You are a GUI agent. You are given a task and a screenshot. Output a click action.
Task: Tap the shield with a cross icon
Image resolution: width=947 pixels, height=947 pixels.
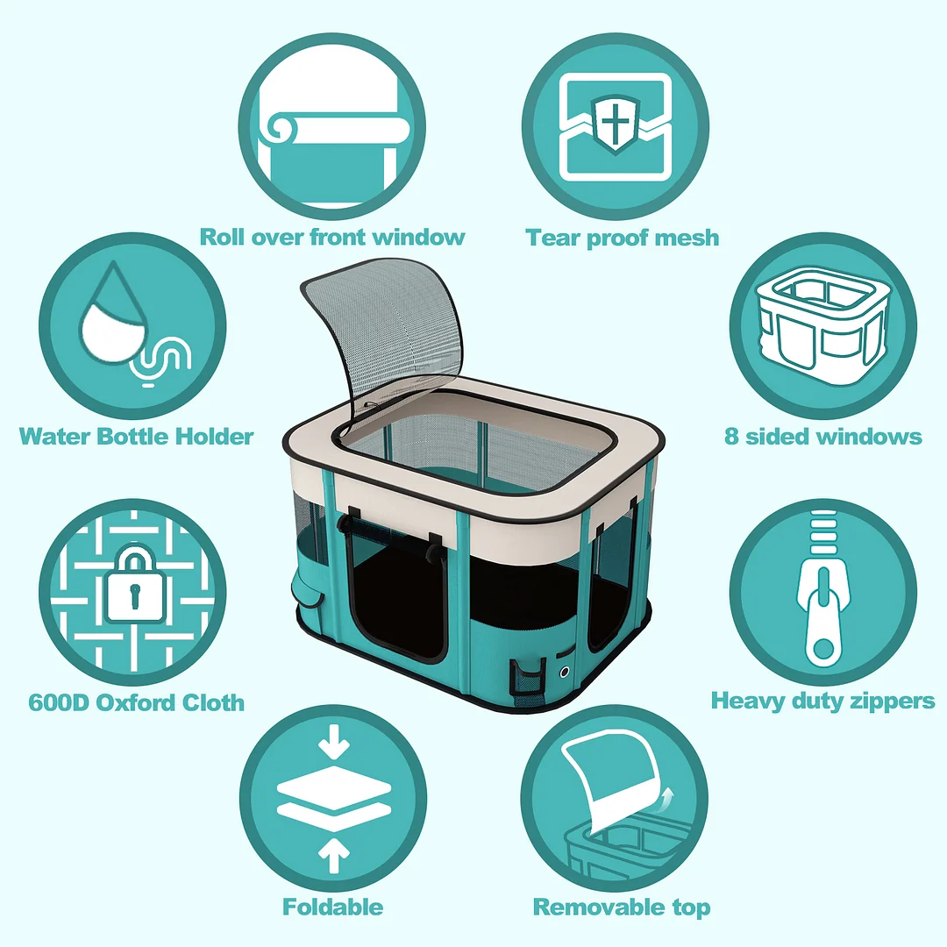click(x=614, y=122)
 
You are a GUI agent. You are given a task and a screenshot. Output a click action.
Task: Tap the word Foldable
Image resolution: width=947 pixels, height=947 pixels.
click(x=332, y=906)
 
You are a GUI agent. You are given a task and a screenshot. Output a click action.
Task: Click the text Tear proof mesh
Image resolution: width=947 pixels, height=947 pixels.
click(x=622, y=237)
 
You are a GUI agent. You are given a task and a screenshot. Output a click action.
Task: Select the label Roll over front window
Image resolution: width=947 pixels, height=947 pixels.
click(x=332, y=237)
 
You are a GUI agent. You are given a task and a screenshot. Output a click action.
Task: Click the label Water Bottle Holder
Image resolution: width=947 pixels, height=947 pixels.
click(x=136, y=436)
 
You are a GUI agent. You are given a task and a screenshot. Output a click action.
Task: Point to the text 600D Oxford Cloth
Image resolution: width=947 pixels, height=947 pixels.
click(x=136, y=702)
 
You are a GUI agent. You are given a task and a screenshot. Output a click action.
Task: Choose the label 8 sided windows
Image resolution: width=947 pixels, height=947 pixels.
click(x=822, y=436)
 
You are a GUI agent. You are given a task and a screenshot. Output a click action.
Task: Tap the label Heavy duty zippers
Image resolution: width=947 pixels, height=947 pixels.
click(x=822, y=701)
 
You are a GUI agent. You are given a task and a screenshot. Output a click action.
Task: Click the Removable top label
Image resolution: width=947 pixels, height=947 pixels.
click(x=622, y=906)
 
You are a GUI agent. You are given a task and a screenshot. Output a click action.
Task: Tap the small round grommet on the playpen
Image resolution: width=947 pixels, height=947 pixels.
click(x=564, y=673)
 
